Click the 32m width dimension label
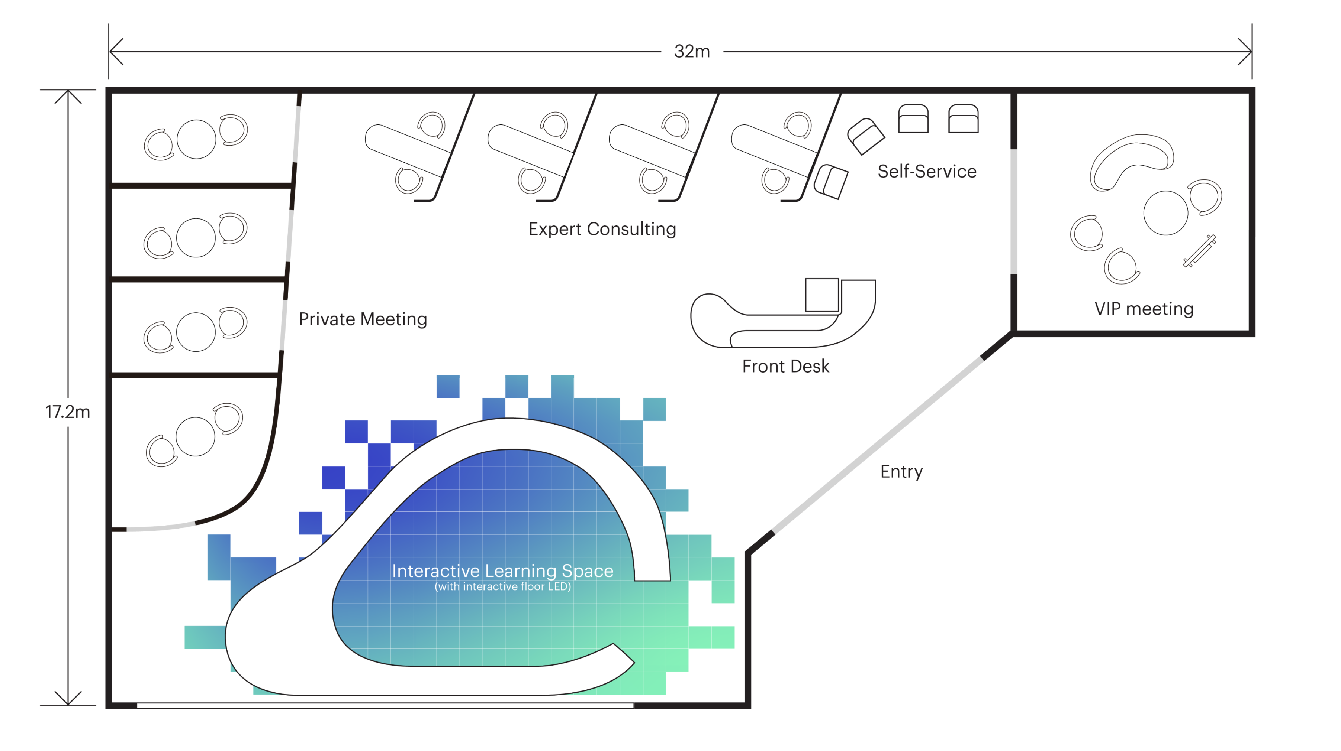[691, 52]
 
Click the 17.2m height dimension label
[68, 412]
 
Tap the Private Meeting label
[363, 319]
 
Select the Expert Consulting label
[602, 229]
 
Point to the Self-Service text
[927, 171]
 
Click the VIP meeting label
[1144, 309]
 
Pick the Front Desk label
[785, 366]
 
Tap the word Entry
[901, 472]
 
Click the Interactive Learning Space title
[502, 570]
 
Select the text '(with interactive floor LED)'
[503, 587]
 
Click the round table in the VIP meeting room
[1165, 213]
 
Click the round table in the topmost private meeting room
[196, 139]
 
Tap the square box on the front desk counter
[822, 295]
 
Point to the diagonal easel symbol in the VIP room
[1199, 251]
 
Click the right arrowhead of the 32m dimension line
[1247, 52]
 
